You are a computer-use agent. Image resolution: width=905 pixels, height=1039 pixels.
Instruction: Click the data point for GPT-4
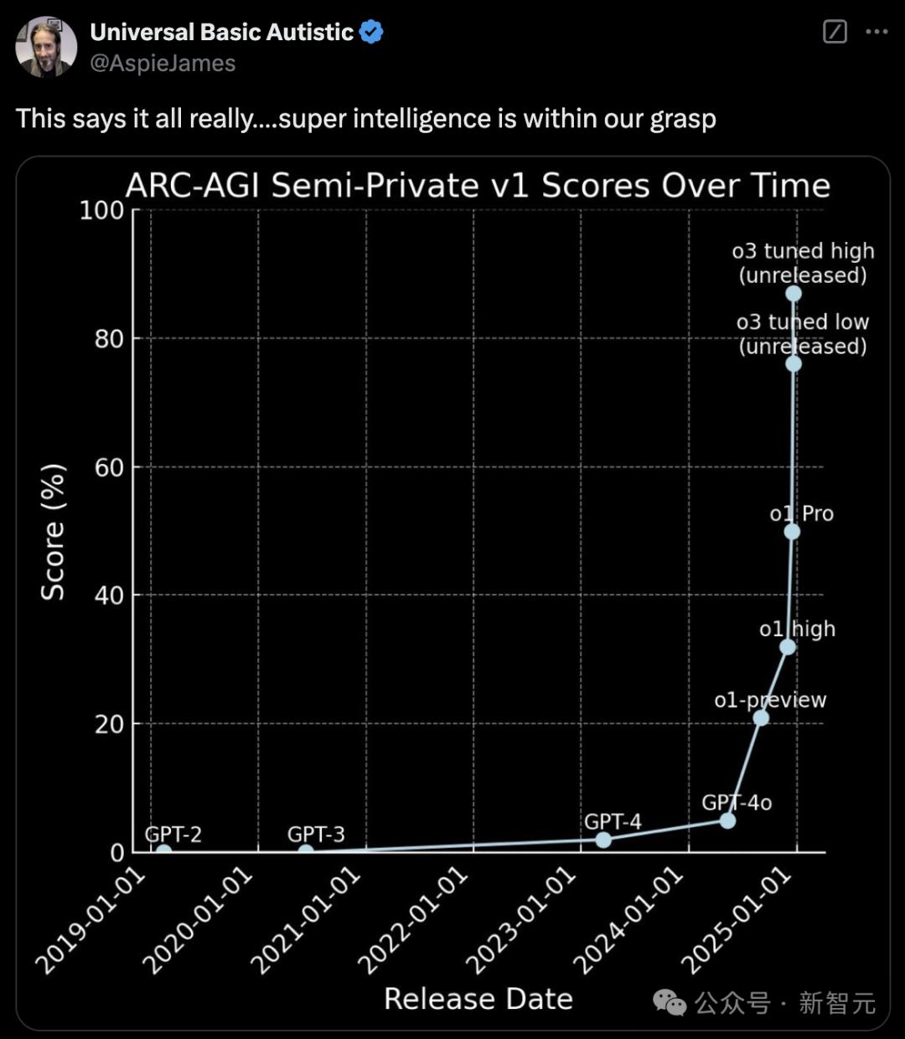603,839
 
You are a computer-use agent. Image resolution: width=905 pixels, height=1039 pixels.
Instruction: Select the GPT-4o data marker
728,820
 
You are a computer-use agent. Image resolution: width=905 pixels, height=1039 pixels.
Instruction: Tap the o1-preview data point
761,718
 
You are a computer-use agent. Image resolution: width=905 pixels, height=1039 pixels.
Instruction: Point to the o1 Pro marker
792,532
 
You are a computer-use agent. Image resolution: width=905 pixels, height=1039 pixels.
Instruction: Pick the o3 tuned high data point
794,293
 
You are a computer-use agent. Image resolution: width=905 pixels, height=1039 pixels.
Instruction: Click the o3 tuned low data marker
794,363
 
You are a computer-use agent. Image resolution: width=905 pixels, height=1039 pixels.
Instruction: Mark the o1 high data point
788,646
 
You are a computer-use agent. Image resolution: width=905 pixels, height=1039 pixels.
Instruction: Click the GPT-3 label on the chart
316,834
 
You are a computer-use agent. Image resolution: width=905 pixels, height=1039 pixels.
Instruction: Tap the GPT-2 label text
173,834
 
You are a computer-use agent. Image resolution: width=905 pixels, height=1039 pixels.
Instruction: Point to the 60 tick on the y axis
109,467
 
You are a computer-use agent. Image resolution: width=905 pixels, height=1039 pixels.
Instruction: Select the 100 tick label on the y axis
101,210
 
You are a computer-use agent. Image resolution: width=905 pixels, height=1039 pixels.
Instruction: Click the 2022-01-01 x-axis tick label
412,921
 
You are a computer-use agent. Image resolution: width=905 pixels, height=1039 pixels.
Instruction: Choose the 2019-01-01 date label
90,921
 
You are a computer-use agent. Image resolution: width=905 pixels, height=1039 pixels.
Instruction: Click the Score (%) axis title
53,532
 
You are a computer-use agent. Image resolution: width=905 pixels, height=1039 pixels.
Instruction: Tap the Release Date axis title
478,999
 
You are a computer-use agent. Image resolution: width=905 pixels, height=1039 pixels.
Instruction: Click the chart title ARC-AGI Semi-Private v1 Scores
478,185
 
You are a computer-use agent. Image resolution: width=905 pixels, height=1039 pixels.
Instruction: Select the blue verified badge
371,33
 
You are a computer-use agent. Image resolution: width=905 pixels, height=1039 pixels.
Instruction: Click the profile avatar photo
46,47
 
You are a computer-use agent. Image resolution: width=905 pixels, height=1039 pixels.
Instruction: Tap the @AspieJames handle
163,64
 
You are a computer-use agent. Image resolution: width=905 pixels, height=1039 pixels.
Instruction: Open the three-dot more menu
877,32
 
